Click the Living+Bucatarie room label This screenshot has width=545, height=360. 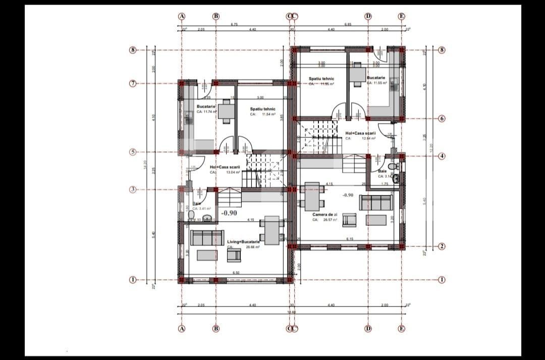pos(243,242)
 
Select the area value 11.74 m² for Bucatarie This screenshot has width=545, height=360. pos(206,112)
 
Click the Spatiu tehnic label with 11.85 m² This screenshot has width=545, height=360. pos(321,79)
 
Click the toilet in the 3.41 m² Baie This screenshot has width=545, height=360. pos(191,216)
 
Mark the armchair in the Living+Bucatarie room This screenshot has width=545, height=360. pos(234,256)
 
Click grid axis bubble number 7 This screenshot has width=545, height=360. pos(133,83)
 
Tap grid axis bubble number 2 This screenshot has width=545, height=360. pos(442,246)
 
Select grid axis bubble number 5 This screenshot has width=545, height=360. pos(133,152)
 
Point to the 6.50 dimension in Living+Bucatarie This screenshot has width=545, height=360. pos(236,273)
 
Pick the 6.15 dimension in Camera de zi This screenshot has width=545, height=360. pos(349,239)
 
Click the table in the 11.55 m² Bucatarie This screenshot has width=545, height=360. pos(358,74)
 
